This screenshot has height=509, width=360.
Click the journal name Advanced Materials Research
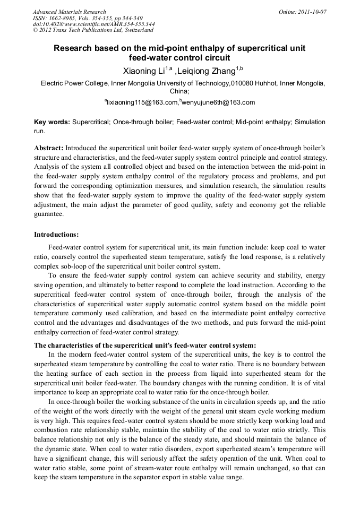tap(69, 12)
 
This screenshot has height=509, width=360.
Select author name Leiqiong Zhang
tap(208, 70)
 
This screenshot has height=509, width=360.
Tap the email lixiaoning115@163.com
tap(142, 102)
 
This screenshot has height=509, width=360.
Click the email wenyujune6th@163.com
tap(211, 102)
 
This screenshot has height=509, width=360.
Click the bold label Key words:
tap(52, 122)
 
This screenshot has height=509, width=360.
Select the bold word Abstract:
tap(49, 148)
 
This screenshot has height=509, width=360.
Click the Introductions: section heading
tap(56, 234)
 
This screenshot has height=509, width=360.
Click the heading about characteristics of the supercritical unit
tap(145, 344)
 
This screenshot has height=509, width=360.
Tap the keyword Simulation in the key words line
tap(310, 122)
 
